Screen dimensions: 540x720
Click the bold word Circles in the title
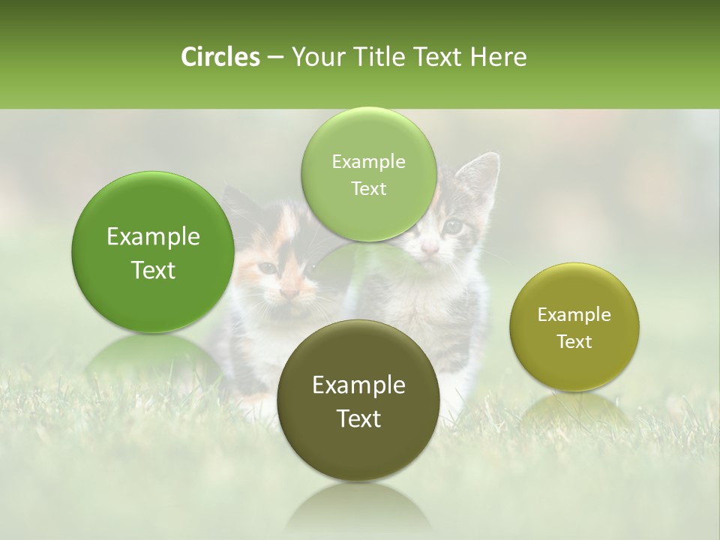[220, 57]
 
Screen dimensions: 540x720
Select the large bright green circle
[153, 252]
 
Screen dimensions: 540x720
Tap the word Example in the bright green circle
[153, 237]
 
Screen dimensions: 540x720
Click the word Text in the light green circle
[368, 189]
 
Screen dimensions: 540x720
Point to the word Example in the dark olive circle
[358, 385]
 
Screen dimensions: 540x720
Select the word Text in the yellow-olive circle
[574, 342]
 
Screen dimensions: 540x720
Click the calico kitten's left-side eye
[267, 268]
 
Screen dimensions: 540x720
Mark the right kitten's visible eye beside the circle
[452, 224]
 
